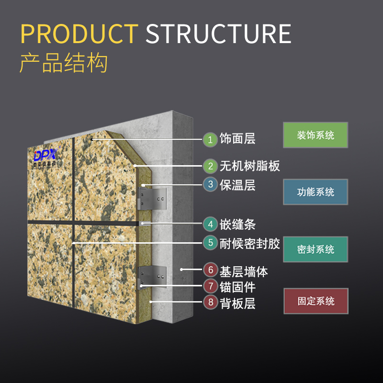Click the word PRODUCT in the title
click(x=79, y=34)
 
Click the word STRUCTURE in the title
click(x=218, y=34)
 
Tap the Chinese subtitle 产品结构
click(x=63, y=63)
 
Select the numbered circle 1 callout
click(x=210, y=139)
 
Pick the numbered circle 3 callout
click(x=210, y=184)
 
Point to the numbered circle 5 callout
click(x=210, y=243)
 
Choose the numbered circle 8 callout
click(x=210, y=302)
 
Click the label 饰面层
click(x=237, y=139)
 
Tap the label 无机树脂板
click(x=249, y=166)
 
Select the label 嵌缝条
click(x=237, y=224)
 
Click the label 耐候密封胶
click(x=249, y=243)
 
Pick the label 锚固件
click(x=237, y=287)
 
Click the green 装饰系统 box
click(x=315, y=135)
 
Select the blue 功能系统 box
click(x=315, y=192)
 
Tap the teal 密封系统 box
click(x=315, y=249)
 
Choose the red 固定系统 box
click(x=315, y=301)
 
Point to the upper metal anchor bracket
click(x=152, y=198)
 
